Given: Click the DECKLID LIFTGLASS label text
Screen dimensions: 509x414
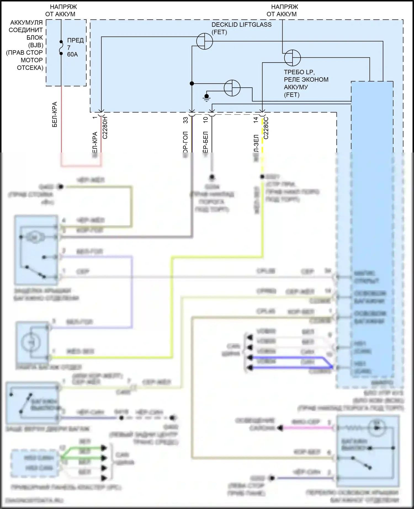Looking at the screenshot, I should tap(241, 25).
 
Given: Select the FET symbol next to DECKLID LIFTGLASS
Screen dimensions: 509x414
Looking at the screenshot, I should tap(205, 41).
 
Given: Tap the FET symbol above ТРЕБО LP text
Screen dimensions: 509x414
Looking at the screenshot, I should tap(292, 58).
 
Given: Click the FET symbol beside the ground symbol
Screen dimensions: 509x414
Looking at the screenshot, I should tap(232, 88).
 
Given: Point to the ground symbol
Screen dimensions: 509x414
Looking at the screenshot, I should tap(206, 97).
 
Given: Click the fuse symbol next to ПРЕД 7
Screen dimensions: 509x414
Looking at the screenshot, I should tap(61, 47).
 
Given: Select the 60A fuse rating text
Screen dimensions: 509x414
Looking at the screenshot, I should tap(72, 54).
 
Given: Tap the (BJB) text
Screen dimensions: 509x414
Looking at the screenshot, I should tap(36, 45).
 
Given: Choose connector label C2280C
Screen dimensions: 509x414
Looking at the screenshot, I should tap(266, 128).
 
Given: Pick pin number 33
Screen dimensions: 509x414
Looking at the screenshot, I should tap(186, 120).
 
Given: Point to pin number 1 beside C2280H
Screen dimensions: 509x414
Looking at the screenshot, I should tap(95, 118).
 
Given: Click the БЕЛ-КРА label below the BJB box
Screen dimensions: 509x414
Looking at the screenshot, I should tap(55, 114).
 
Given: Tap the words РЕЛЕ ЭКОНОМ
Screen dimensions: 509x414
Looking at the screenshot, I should tap(306, 79).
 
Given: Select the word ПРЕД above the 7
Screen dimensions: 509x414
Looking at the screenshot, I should tap(75, 40).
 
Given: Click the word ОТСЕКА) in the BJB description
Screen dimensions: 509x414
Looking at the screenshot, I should tap(30, 68).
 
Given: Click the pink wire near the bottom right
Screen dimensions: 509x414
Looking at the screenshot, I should tap(306, 428).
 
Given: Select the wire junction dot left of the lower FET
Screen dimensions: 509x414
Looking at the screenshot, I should tap(192, 83).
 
